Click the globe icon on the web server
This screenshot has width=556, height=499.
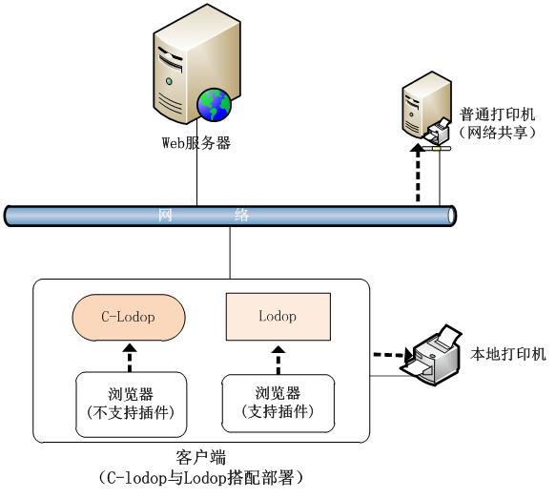[x=215, y=105]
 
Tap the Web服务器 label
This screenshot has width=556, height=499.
[x=196, y=143]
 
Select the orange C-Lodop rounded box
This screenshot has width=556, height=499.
[x=129, y=318]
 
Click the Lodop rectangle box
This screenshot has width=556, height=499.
[x=278, y=317]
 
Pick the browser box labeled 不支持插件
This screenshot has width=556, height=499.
[x=132, y=405]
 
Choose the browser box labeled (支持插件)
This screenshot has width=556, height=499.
[x=278, y=404]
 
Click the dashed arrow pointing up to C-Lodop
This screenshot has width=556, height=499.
[x=130, y=358]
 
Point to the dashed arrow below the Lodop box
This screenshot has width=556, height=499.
[x=278, y=360]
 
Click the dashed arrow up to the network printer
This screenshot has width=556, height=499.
[x=418, y=173]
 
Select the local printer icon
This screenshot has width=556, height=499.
[x=432, y=355]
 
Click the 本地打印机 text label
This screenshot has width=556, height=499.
[x=508, y=354]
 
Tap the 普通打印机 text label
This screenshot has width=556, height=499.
[x=497, y=114]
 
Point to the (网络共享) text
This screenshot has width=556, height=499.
[x=497, y=133]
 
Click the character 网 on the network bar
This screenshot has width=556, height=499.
[x=165, y=215]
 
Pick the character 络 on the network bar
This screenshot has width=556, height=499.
[x=241, y=216]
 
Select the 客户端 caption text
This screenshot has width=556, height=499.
[x=200, y=458]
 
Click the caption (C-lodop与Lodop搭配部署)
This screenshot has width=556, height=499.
[x=201, y=478]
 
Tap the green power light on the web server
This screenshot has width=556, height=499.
[x=169, y=81]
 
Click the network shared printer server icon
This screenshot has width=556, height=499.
[x=427, y=109]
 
